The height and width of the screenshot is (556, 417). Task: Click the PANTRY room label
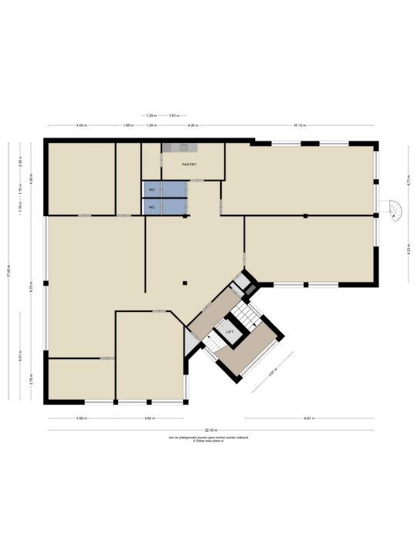[x=189, y=164]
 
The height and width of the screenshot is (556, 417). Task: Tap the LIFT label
[x=229, y=331]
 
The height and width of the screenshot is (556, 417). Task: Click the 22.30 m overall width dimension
[x=211, y=430]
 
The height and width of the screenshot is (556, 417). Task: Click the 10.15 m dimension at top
[x=299, y=125]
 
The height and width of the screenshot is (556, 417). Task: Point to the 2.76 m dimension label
[x=32, y=380]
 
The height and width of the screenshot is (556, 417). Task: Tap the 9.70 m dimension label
[x=32, y=286]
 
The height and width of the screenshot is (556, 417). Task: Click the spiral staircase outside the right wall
[x=395, y=210]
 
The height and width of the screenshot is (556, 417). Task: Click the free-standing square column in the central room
[x=185, y=283]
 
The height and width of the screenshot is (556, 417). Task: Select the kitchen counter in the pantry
[x=180, y=147]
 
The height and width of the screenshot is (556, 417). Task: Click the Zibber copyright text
[x=208, y=442]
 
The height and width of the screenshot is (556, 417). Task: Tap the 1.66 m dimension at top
[x=127, y=125]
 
